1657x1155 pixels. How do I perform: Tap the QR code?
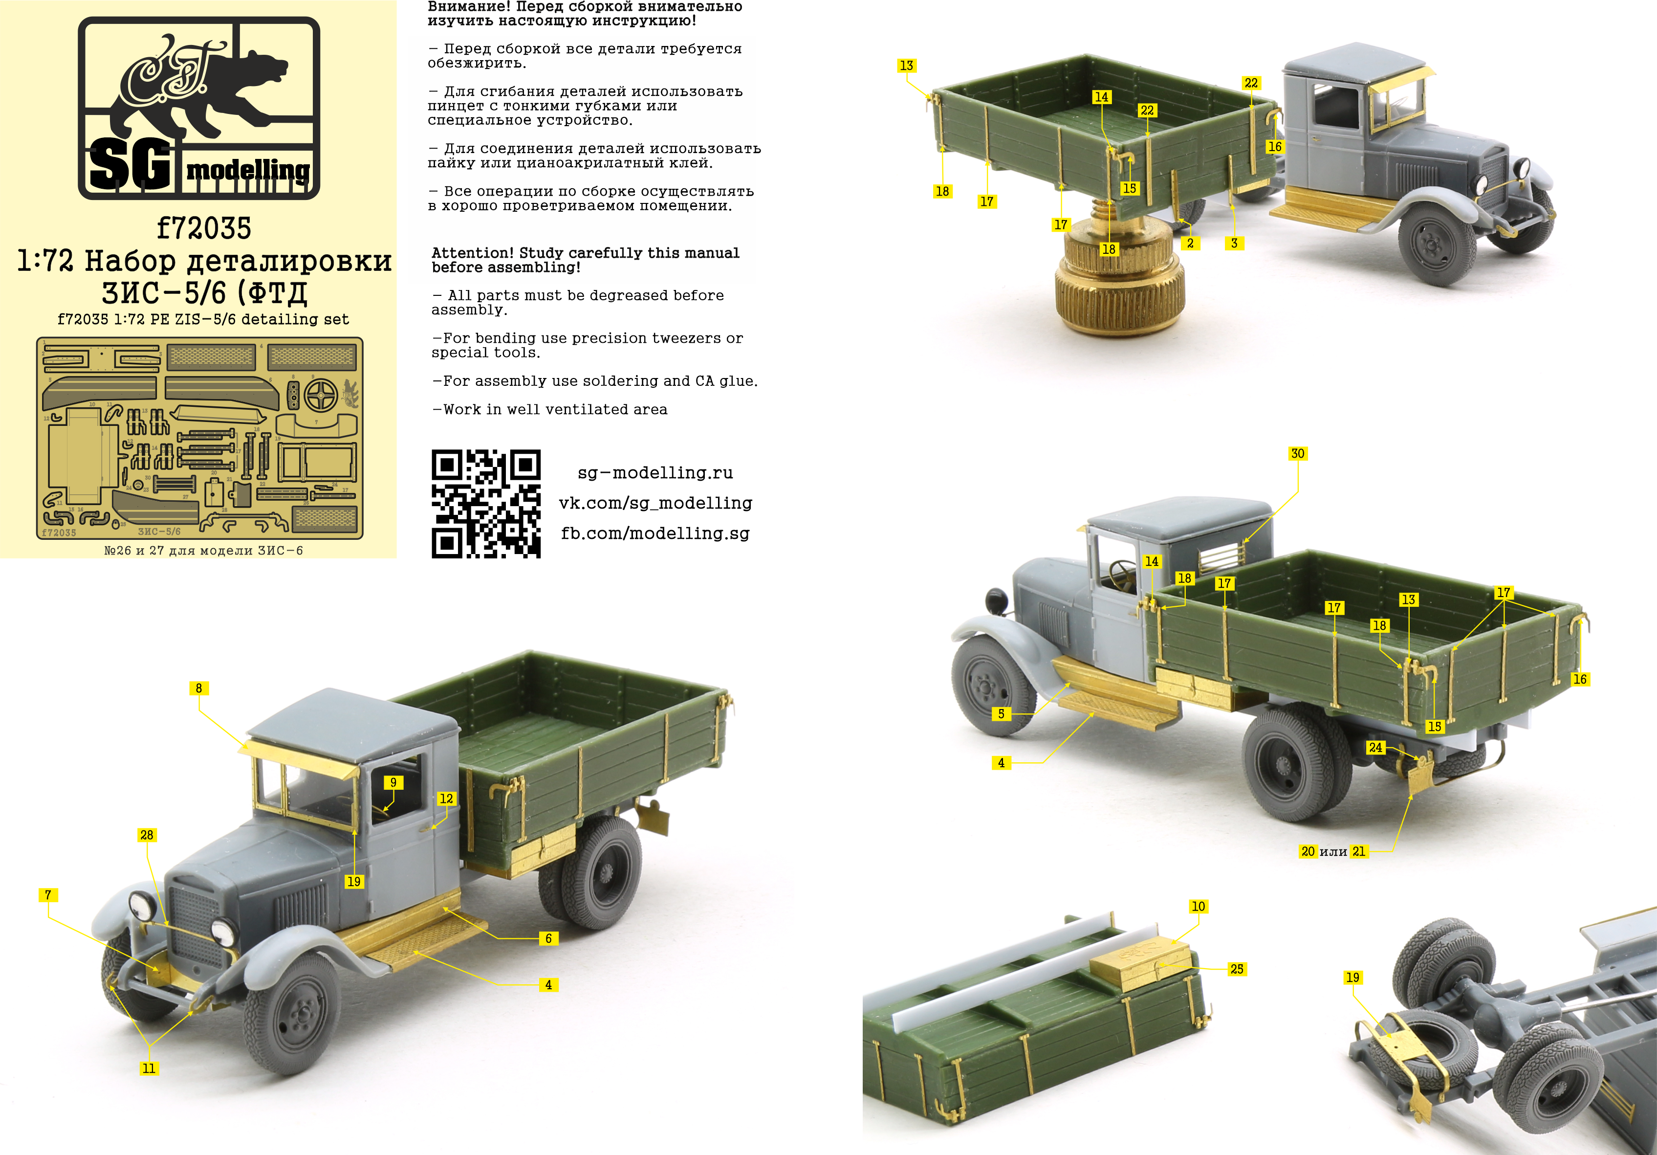[486, 504]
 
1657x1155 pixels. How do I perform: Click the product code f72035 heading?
[204, 229]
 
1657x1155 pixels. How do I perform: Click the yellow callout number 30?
[1297, 453]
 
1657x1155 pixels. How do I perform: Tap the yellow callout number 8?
[198, 688]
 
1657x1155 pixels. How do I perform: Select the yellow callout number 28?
[147, 835]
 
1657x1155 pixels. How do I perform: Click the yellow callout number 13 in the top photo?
[906, 66]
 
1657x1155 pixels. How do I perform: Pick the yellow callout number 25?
[1236, 969]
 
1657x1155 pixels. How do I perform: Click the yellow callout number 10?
[1198, 906]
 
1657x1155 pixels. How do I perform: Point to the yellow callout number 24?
[1375, 747]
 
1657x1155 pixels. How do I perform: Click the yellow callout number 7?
[47, 894]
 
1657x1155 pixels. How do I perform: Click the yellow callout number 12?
[446, 799]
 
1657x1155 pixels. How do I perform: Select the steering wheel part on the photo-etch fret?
[321, 395]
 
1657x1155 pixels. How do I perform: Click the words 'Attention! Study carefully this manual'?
[585, 253]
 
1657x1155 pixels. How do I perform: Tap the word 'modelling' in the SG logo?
[248, 171]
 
